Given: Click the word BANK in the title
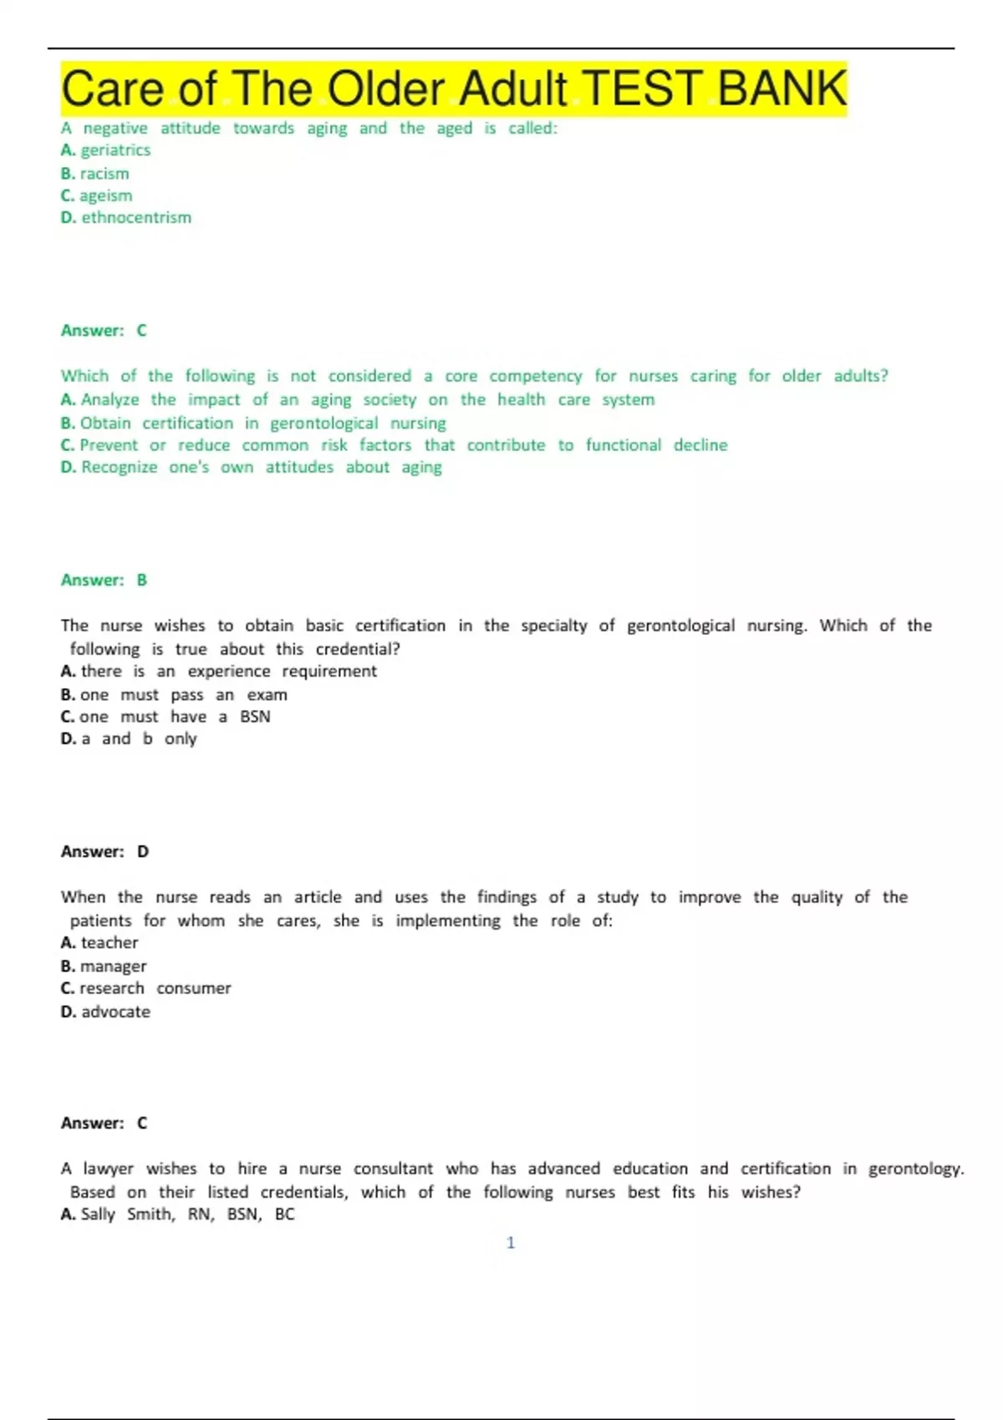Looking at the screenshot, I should (782, 89).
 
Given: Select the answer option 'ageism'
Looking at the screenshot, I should (105, 195).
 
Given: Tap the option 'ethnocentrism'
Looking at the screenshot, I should (136, 217).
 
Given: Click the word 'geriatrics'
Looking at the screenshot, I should (115, 150).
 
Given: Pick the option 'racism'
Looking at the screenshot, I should (104, 174).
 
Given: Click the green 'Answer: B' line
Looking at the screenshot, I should (104, 580).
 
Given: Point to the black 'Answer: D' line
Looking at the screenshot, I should (104, 851).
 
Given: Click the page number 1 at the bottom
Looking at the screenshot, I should (511, 1243).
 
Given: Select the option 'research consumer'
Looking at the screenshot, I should (155, 988).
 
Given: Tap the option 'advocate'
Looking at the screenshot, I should (115, 1012).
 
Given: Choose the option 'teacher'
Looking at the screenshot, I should (109, 943).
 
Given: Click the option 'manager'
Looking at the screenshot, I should (113, 966).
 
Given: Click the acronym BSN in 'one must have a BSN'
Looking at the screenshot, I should (255, 717).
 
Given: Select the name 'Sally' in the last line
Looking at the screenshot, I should (98, 1215).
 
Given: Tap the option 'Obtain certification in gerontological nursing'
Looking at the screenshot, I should (262, 423).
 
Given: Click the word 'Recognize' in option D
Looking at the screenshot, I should (120, 468).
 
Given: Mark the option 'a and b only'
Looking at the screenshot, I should (139, 739).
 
